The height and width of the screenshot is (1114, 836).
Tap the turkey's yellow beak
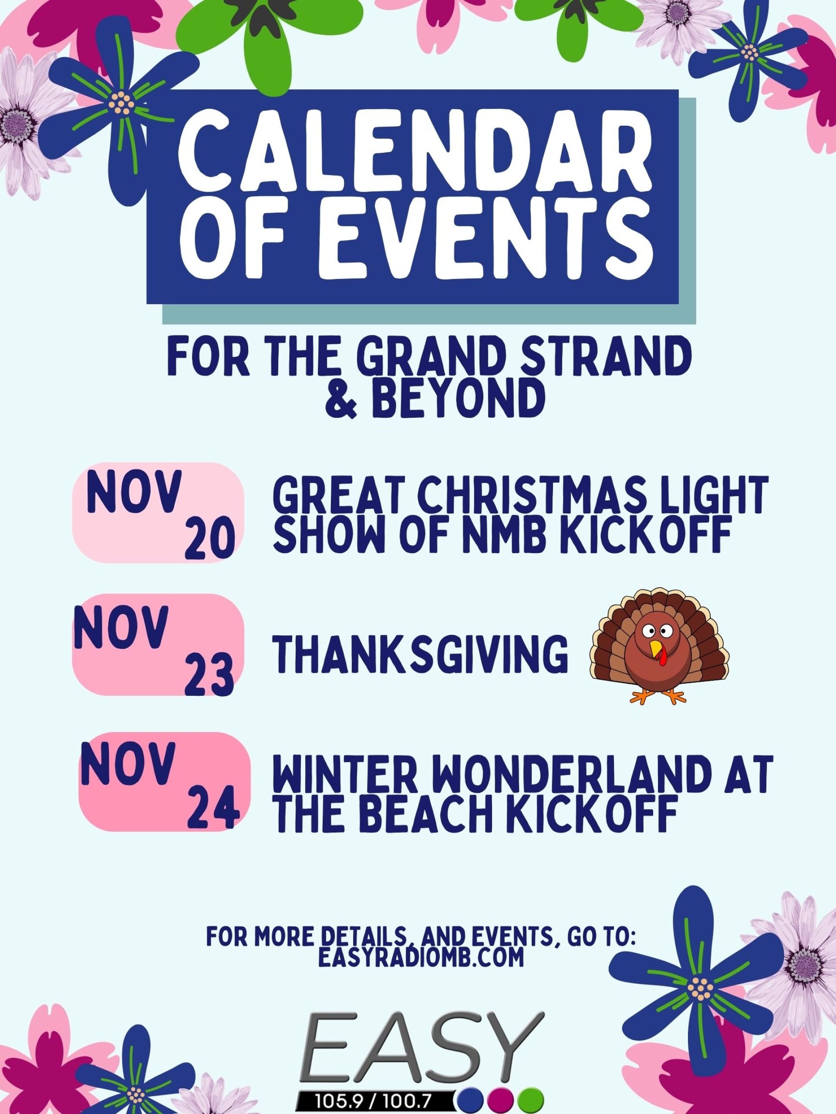[x=655, y=649]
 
